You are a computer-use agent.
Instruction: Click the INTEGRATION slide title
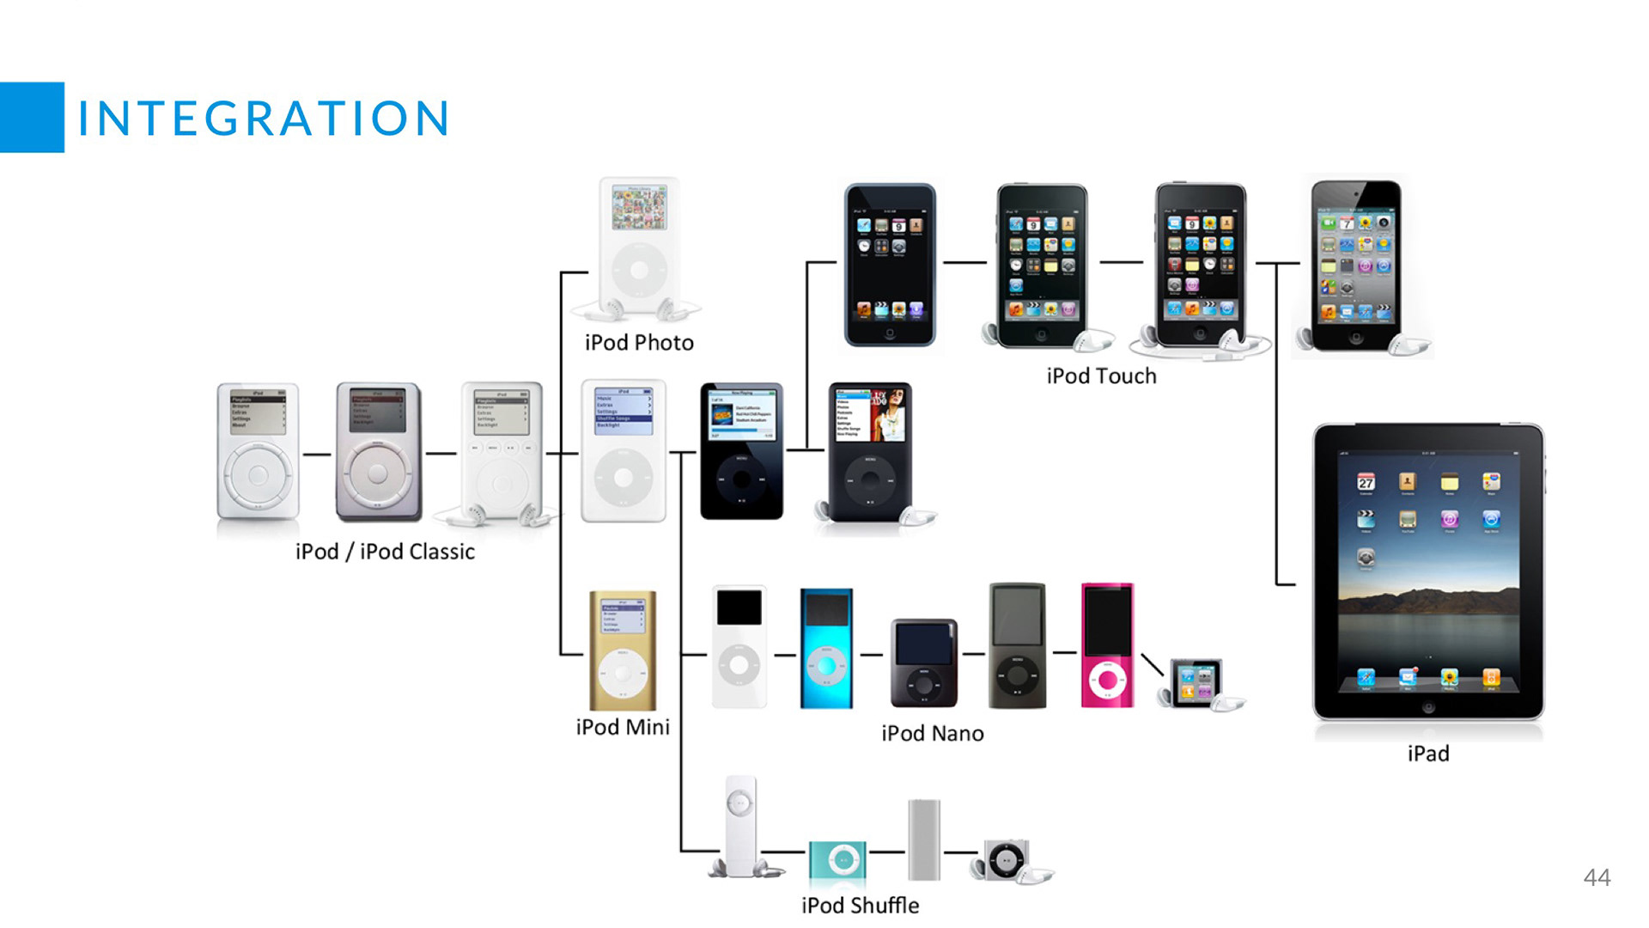264,118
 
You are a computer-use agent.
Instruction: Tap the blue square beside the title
32,118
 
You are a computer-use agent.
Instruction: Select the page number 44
1597,877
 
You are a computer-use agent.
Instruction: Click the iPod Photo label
639,343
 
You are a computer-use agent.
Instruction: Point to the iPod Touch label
1101,376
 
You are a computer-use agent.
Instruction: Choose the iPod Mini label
623,727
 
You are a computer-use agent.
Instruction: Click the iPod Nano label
933,733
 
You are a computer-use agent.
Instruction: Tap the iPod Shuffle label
860,906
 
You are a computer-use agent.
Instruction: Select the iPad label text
1428,754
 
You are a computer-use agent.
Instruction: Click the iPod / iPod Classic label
385,552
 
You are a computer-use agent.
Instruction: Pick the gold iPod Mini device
623,650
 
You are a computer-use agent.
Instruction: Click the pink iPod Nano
1107,645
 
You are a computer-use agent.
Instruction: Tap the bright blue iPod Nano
826,649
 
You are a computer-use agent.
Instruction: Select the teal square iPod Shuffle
838,859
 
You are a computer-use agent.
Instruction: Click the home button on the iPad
1428,708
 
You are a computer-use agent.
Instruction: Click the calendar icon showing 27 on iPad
1366,482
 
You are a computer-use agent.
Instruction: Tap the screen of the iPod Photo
639,208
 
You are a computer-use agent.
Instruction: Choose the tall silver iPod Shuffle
924,839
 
